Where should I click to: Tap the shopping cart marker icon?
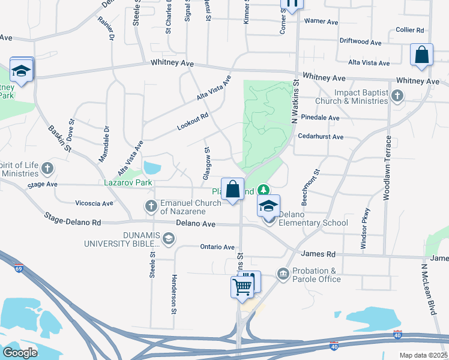(242, 286)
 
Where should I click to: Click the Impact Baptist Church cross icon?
(396, 96)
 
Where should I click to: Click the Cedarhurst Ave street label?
(321, 137)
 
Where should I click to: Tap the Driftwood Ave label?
(360, 43)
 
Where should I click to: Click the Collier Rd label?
(410, 29)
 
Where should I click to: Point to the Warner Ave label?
(321, 21)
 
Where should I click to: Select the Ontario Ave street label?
(217, 247)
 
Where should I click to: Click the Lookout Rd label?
(193, 122)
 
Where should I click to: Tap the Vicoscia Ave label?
(94, 203)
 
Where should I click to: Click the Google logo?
(20, 352)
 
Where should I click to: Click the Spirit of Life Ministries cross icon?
(48, 169)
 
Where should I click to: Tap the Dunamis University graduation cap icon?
(169, 239)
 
